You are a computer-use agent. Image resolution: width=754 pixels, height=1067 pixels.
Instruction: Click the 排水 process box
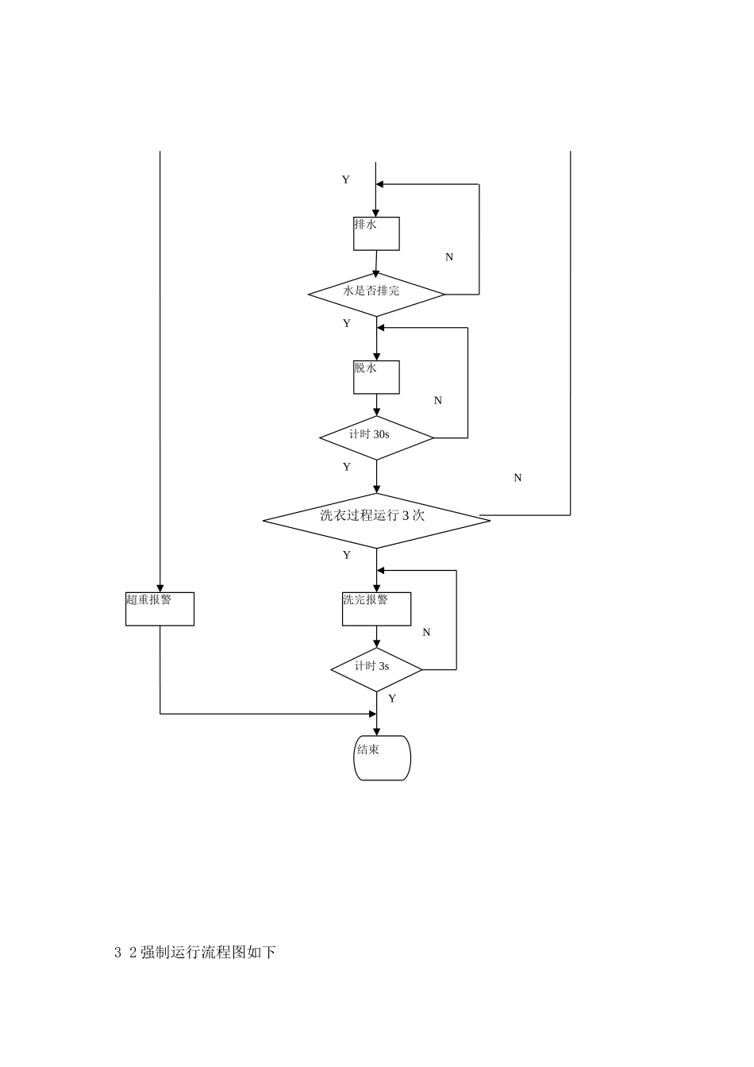point(376,233)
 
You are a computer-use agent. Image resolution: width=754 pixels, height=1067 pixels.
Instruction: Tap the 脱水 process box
point(376,377)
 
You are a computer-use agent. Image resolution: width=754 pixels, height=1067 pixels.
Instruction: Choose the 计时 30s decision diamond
point(376,437)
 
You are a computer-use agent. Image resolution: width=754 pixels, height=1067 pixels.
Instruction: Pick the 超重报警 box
point(160,609)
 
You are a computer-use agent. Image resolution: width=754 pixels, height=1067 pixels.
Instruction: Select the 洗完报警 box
point(376,609)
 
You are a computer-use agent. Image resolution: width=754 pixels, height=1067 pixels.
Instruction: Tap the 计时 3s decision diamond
point(376,669)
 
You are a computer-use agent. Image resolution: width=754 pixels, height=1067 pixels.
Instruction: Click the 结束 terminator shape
point(382,757)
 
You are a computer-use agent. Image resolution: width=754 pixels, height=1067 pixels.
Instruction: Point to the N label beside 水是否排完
point(449,257)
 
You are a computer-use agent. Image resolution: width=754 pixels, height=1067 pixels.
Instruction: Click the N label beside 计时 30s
point(438,401)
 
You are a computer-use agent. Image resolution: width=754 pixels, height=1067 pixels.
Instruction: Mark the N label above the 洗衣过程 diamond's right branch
point(518,478)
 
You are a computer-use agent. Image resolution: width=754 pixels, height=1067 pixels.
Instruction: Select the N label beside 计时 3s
point(426,633)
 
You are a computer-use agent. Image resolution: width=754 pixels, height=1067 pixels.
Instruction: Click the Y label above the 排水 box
point(345,180)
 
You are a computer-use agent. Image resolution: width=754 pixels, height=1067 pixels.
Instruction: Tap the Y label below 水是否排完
point(346,324)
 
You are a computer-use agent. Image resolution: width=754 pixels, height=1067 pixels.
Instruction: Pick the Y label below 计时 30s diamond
point(346,468)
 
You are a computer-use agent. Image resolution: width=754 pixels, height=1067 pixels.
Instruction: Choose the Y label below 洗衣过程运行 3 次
point(346,556)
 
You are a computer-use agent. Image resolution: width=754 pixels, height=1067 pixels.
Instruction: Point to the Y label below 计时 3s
point(392,699)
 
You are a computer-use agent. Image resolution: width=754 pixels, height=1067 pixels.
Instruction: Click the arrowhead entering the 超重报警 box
point(160,587)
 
